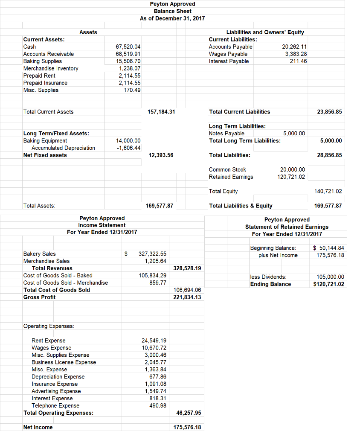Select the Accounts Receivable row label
tap(48, 54)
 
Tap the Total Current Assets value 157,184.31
tap(161, 112)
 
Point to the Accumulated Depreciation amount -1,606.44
tap(128, 148)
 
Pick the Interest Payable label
tap(229, 61)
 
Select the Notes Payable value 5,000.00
tap(294, 134)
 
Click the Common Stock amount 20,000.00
tap(292, 169)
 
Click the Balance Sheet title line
tap(172, 11)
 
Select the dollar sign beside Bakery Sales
tap(126, 253)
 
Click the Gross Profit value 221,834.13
tap(187, 297)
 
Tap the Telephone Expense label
tap(55, 405)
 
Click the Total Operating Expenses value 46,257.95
tap(188, 413)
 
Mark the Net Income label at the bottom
tap(38, 427)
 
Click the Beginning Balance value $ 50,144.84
tap(328, 248)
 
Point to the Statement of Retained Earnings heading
tap(287, 227)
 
